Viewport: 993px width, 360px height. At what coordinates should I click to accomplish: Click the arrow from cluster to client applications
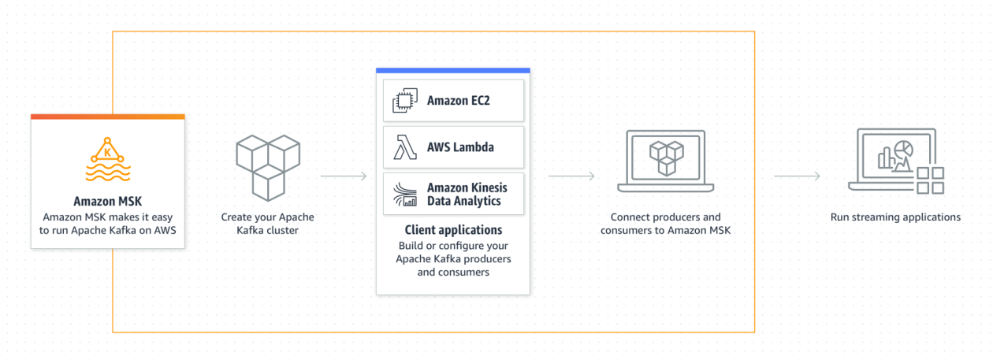344,176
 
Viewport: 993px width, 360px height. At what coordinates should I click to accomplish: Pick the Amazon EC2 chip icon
404,101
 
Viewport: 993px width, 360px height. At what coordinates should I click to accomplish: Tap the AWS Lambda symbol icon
404,147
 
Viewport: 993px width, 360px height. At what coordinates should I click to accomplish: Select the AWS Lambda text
461,147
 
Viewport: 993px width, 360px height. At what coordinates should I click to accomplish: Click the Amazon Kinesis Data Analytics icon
404,194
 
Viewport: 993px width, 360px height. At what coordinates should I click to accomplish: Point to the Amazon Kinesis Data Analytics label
467,194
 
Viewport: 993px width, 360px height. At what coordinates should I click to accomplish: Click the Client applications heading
453,231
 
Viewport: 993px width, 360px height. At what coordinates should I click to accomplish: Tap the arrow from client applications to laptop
571,176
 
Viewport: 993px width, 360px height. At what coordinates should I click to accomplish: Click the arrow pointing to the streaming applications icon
797,176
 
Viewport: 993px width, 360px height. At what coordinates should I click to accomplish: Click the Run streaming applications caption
895,217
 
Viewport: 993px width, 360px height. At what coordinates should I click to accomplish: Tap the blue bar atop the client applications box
453,70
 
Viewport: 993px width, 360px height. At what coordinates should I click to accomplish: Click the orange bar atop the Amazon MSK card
107,117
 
